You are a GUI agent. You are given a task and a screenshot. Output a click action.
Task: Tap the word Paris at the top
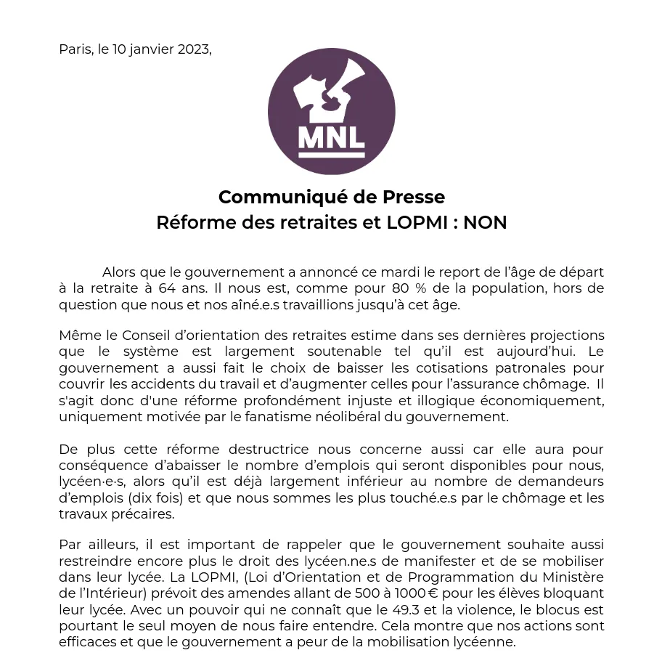[75, 49]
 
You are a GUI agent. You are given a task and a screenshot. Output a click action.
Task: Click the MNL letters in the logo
[331, 135]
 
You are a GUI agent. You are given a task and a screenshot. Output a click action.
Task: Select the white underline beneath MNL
[331, 154]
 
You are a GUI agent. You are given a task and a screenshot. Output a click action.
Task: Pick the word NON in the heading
[485, 222]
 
